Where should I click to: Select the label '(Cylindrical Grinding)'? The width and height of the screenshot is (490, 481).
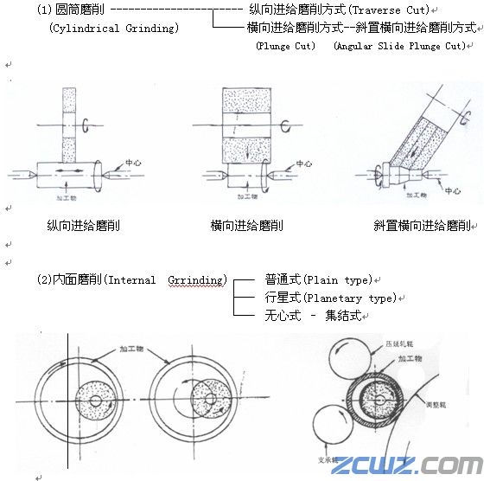point(114,29)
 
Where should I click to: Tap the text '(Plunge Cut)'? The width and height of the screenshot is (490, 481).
point(286,46)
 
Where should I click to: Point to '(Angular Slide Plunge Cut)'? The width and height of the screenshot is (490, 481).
point(399,46)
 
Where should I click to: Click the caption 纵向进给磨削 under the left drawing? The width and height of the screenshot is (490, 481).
point(84,226)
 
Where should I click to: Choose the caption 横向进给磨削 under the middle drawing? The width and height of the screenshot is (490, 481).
point(247,226)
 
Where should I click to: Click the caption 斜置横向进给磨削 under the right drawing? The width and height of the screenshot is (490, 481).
point(422,226)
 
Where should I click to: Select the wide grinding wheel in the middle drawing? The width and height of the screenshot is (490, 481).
point(247,125)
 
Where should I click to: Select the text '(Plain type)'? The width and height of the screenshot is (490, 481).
point(345,279)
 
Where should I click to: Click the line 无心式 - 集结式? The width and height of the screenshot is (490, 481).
point(319,316)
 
